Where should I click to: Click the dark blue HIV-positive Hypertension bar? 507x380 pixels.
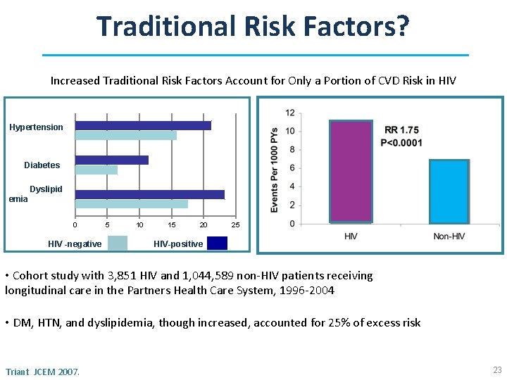click(143, 125)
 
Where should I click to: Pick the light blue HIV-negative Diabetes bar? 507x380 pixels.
click(96, 170)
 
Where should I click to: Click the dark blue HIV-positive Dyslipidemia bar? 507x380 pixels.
click(149, 194)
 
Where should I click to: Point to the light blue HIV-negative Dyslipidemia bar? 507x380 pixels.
click(131, 204)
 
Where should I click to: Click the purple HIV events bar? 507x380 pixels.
click(350, 172)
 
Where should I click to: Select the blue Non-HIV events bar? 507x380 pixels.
click(449, 191)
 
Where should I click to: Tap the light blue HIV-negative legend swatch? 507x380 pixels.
click(117, 243)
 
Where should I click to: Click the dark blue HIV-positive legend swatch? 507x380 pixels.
click(217, 243)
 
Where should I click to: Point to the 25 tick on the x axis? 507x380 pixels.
click(236, 224)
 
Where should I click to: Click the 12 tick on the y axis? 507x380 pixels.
click(290, 113)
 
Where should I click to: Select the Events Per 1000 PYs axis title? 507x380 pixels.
click(274, 169)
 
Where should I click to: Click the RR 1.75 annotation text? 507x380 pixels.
click(401, 130)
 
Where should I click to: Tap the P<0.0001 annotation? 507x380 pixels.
click(401, 143)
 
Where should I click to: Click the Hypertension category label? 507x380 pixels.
click(36, 127)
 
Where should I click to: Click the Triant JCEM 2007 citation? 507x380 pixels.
click(42, 371)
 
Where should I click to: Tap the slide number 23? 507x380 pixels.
click(497, 369)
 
